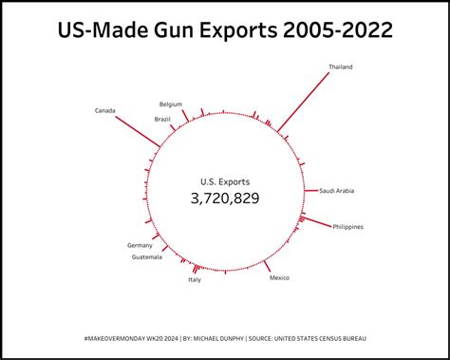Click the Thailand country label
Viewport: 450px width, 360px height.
(x=342, y=67)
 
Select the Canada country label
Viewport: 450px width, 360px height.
(x=105, y=111)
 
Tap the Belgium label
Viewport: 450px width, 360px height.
(x=171, y=104)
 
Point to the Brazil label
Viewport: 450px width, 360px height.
(x=162, y=119)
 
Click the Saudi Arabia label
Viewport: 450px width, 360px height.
(x=337, y=191)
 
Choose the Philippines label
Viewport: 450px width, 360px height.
(x=348, y=227)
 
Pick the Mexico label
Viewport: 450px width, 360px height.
(x=279, y=277)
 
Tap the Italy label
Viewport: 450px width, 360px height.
(x=195, y=279)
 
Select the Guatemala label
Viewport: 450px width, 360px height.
(x=147, y=257)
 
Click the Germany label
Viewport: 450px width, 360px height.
(x=140, y=245)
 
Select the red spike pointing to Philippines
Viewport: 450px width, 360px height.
(x=316, y=222)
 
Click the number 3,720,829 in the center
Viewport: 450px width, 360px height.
(x=225, y=199)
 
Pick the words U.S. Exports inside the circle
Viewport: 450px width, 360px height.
(x=225, y=180)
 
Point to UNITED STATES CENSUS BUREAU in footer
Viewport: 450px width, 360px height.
(x=321, y=338)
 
